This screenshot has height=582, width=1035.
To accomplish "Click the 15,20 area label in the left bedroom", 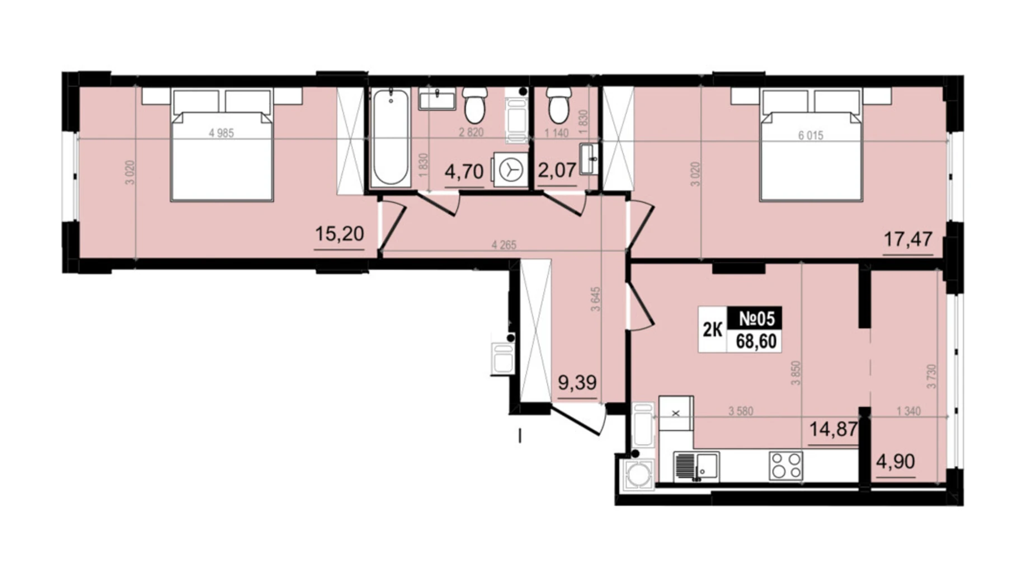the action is pyautogui.click(x=339, y=233).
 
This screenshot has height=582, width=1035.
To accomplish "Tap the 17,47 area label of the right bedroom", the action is pyautogui.click(x=907, y=239).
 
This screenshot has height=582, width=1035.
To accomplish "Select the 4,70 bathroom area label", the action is pyautogui.click(x=464, y=171).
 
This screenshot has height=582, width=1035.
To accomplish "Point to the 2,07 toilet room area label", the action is pyautogui.click(x=557, y=170).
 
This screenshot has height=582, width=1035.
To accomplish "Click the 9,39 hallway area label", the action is pyautogui.click(x=577, y=383).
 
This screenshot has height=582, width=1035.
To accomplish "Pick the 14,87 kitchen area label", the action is pyautogui.click(x=834, y=429).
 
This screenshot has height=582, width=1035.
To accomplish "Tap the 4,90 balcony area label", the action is pyautogui.click(x=896, y=462).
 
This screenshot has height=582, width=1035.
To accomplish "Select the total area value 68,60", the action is pyautogui.click(x=756, y=341).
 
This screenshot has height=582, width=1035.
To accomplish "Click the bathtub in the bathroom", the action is pyautogui.click(x=390, y=137).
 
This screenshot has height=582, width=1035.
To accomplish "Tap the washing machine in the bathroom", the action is pyautogui.click(x=510, y=170).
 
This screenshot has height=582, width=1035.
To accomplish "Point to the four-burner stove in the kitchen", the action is pyautogui.click(x=785, y=466).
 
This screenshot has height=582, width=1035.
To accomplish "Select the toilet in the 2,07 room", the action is pyautogui.click(x=559, y=105).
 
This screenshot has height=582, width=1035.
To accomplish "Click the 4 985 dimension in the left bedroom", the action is pyautogui.click(x=221, y=133).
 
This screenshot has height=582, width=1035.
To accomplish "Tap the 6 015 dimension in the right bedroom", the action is pyautogui.click(x=811, y=135).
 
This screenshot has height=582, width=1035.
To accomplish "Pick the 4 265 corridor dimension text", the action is pyautogui.click(x=504, y=245).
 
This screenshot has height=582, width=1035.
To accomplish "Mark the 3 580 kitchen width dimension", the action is pyautogui.click(x=741, y=411).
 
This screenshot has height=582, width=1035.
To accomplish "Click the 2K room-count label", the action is pyautogui.click(x=712, y=330).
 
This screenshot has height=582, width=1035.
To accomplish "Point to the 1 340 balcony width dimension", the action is pyautogui.click(x=909, y=411).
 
